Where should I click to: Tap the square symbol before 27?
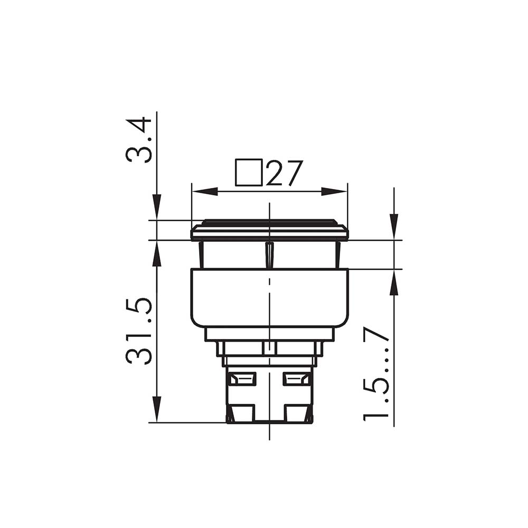pos(249,172)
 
